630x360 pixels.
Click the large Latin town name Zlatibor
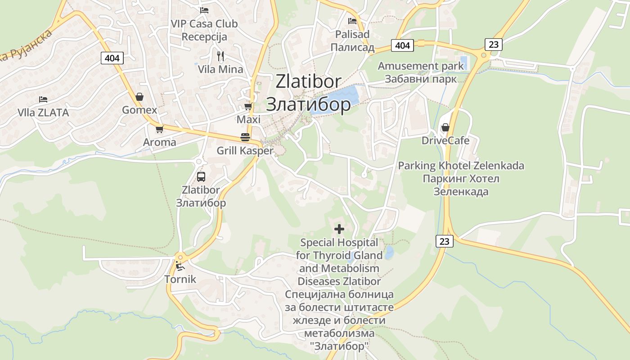click(x=308, y=81)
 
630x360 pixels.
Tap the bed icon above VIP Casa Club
click(x=204, y=10)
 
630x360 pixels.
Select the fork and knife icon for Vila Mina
click(x=220, y=56)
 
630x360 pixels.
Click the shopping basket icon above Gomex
click(x=139, y=97)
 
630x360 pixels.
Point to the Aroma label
click(x=160, y=142)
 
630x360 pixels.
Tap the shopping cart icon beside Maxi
click(x=248, y=106)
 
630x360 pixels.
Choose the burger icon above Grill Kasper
click(x=245, y=137)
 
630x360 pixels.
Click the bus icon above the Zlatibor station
click(x=201, y=176)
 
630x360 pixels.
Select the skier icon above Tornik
click(x=180, y=266)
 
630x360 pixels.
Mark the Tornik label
click(x=180, y=279)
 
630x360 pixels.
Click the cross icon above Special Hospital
click(x=339, y=229)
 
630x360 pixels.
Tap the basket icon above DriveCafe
click(x=445, y=127)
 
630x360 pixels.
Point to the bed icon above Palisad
click(x=352, y=21)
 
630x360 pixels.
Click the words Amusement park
click(x=420, y=66)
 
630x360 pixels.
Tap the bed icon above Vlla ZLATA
click(x=43, y=99)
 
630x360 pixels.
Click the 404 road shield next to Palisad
click(x=402, y=45)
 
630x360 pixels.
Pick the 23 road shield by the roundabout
click(x=494, y=44)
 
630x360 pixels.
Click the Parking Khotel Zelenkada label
click(x=461, y=166)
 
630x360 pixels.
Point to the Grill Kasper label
click(x=245, y=151)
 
